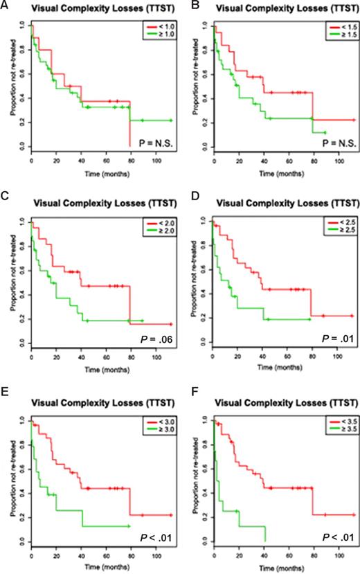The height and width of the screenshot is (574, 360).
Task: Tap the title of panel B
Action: point(276,9)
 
